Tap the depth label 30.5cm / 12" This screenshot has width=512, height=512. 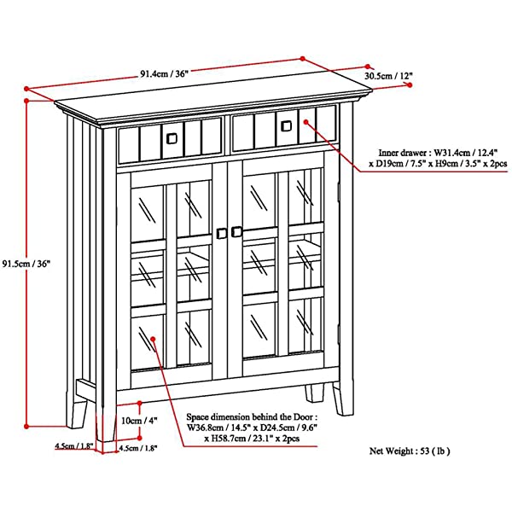pyautogui.click(x=388, y=76)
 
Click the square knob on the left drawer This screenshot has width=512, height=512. pyautogui.click(x=172, y=137)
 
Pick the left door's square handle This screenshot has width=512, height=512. pyautogui.click(x=222, y=232)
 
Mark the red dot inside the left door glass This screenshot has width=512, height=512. pyautogui.click(x=153, y=339)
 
